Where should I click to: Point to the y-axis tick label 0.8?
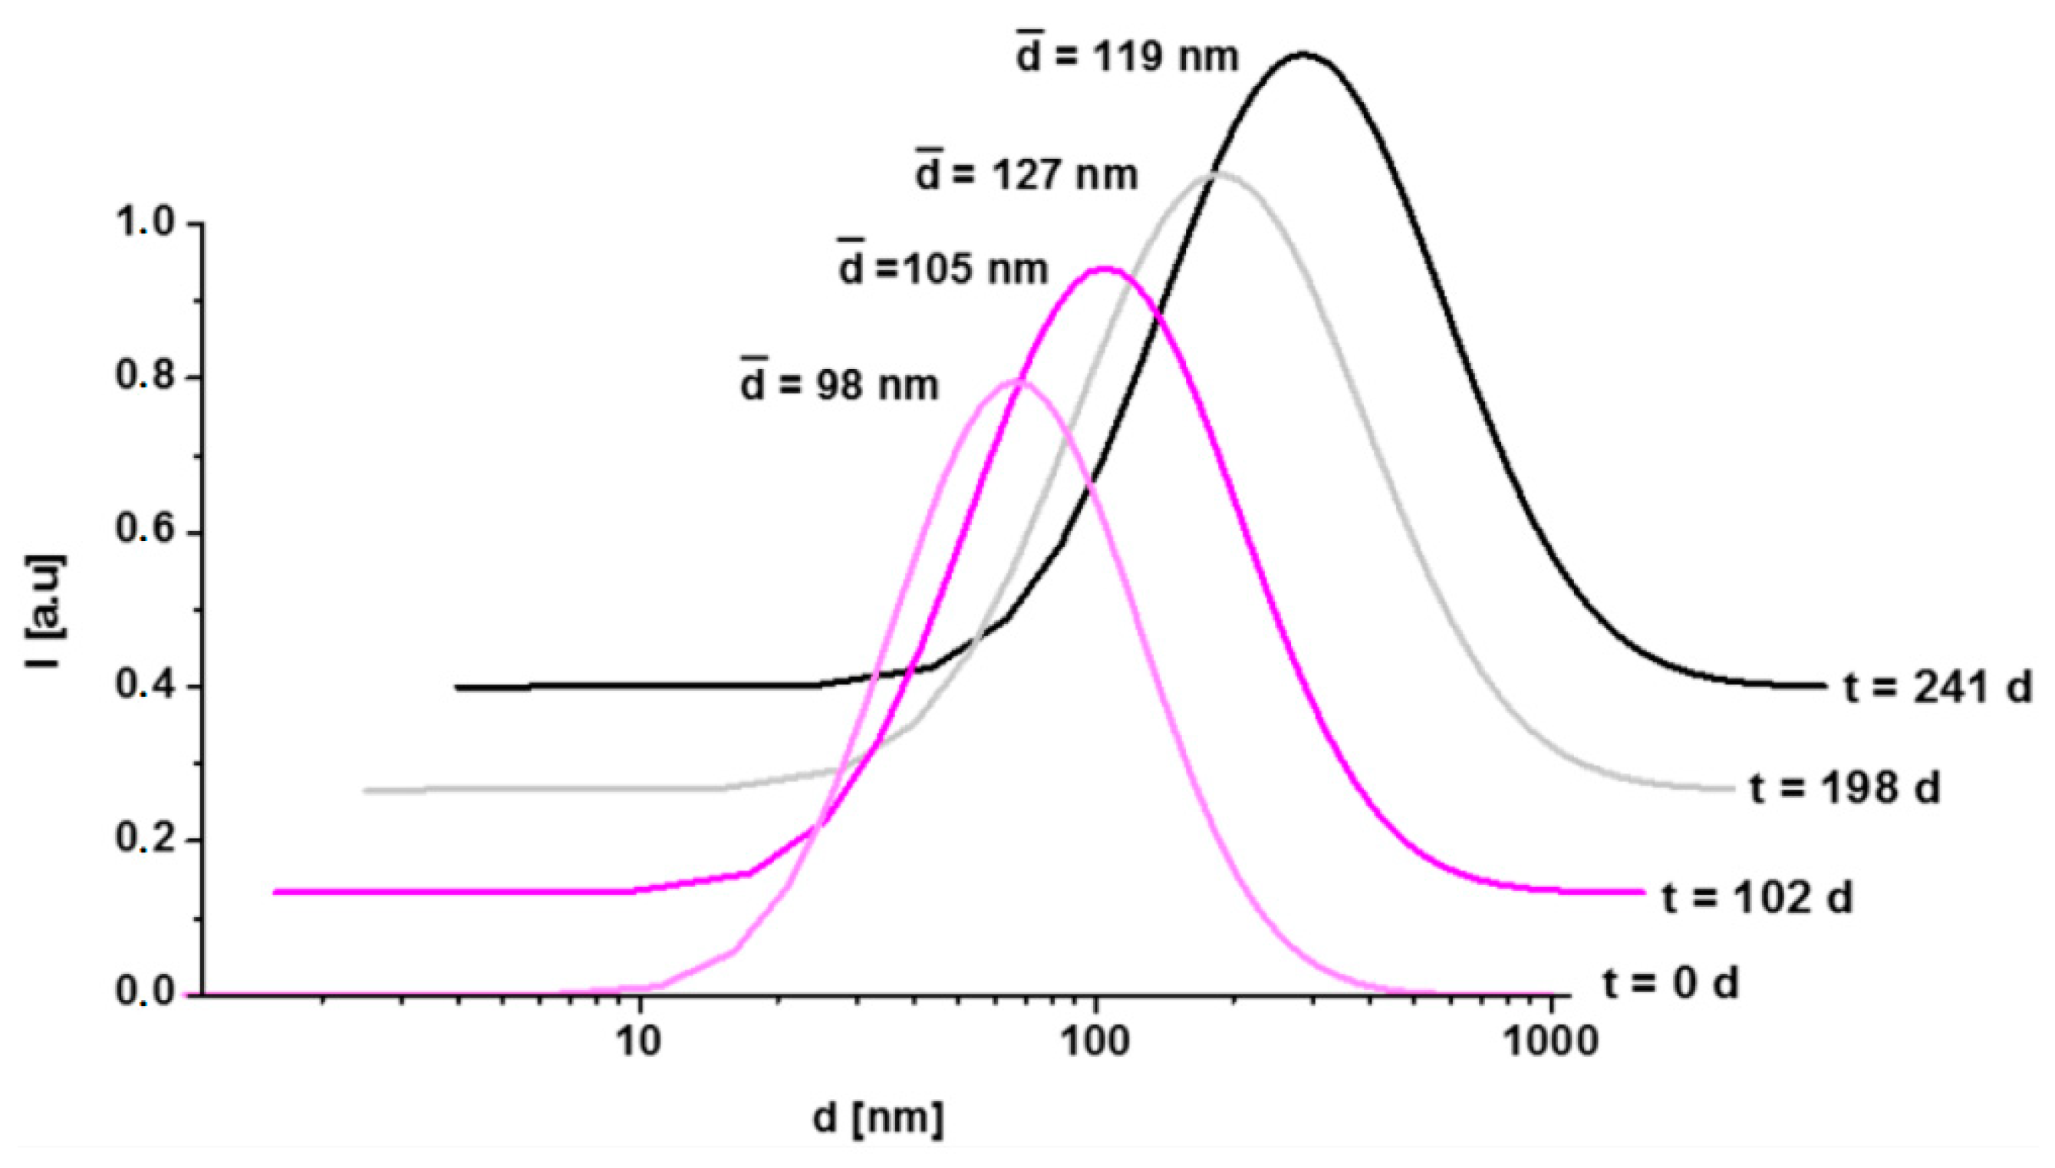145,377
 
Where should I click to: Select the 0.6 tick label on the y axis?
145,531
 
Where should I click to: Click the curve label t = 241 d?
1936,688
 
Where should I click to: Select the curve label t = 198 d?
1844,788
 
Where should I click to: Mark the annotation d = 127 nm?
1026,173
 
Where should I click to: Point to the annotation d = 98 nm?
838,385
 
